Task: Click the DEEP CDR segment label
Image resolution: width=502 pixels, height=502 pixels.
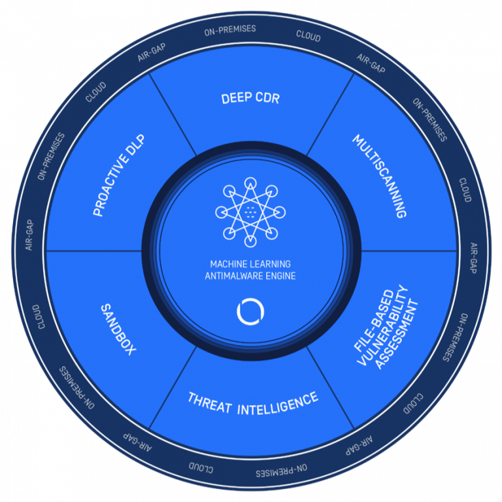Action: (x=251, y=99)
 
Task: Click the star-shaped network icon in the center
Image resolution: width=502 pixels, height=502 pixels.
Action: (x=251, y=211)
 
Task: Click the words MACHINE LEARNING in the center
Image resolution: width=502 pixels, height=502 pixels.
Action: (x=251, y=264)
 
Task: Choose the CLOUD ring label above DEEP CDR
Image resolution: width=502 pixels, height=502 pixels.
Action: (x=308, y=37)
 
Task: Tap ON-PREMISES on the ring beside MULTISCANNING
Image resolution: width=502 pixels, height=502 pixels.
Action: (x=430, y=120)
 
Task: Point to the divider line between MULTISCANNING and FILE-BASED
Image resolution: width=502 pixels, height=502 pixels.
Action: (x=409, y=251)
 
